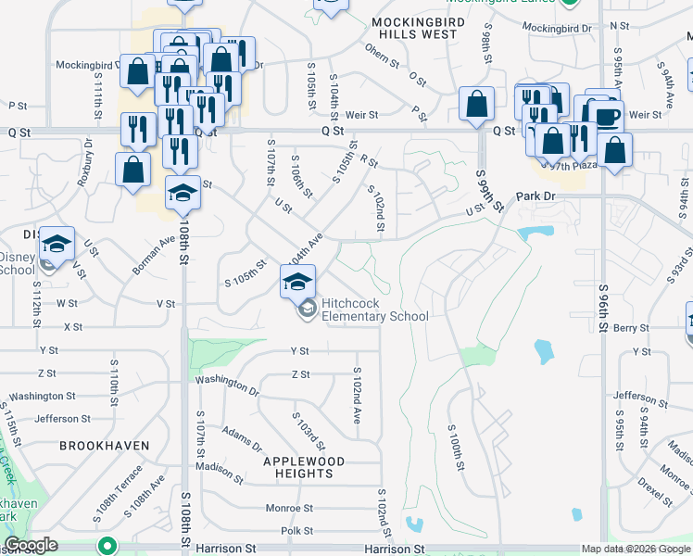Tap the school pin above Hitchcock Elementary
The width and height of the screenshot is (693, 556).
pos(297,282)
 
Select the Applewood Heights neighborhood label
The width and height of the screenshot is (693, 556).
pos(304,467)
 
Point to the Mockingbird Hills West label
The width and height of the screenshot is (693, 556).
pos(414,27)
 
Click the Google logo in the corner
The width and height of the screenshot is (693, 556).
pos(31,545)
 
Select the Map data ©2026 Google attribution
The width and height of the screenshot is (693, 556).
pos(636,549)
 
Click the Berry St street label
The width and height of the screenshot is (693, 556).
pos(630,328)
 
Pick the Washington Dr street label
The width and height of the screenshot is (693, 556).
pos(227,383)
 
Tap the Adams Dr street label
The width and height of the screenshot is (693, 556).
pos(243,436)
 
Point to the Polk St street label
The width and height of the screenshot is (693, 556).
pos(297,531)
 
